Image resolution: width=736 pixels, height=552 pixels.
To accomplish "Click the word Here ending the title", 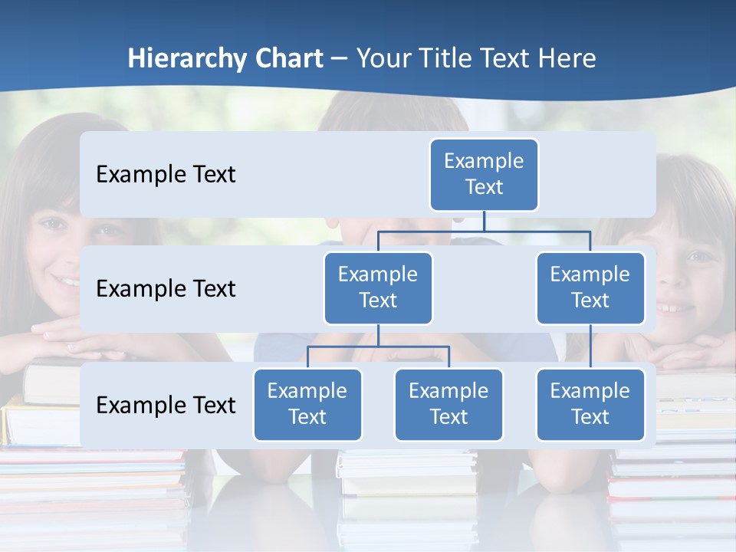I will pos(567,59).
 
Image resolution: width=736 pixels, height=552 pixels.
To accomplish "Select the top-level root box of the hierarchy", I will pos(484,175).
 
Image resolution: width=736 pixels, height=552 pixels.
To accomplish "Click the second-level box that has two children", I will pos(378,288).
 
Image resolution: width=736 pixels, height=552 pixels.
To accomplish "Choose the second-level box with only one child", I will pos(590,288).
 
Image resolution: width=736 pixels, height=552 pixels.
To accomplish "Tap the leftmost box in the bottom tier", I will pos(307,405).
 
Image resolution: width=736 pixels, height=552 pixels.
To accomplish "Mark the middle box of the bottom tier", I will pos(449,405).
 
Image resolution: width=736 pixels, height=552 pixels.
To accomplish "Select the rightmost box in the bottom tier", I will pos(590,405).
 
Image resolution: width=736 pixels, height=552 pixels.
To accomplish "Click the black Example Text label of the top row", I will pos(166,175).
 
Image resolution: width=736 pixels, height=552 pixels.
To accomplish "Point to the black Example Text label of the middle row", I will pos(166,289).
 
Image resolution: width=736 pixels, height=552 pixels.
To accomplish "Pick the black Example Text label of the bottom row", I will pos(166,406).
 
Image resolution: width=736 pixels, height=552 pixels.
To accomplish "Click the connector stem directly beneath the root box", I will pos(484,221).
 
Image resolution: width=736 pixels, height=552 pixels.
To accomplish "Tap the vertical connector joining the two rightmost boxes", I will pos(590,347).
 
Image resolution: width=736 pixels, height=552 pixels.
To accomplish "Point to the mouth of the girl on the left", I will pos(67,281).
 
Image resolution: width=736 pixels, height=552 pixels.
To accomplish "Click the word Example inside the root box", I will pos(484,161).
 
